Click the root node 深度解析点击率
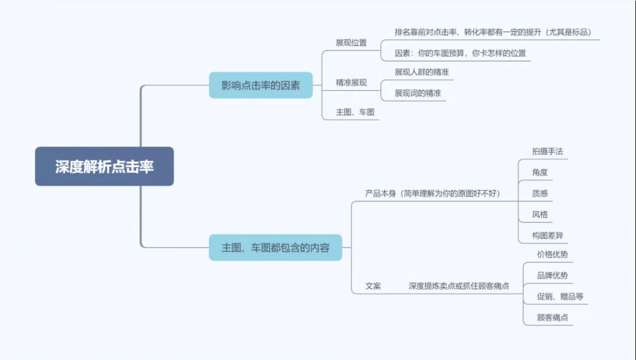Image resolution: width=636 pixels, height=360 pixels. (x=104, y=166)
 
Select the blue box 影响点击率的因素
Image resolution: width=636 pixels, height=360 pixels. (x=261, y=85)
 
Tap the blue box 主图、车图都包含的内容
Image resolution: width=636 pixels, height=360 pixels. (x=275, y=247)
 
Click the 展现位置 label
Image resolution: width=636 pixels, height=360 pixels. (x=351, y=43)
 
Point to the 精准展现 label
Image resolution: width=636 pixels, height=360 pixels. (x=351, y=83)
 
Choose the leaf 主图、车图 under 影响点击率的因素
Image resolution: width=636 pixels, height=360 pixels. (x=355, y=112)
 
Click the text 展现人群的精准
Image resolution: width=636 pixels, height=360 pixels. (x=422, y=72)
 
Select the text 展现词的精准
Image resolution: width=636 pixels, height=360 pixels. (x=418, y=93)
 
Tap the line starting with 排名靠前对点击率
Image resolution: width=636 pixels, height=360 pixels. (x=493, y=32)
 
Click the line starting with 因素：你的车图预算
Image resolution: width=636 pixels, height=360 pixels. (x=460, y=53)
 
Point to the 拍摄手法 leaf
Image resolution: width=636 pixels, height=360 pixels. (x=548, y=152)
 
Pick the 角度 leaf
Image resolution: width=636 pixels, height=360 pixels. (x=539, y=172)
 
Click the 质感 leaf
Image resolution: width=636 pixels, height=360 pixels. (x=539, y=193)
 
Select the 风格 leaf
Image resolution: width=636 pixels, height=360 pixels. (x=539, y=214)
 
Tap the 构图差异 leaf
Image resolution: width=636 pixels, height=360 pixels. (x=548, y=236)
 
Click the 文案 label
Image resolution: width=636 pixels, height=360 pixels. (x=373, y=286)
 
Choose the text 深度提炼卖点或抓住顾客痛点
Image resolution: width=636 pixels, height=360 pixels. (x=459, y=286)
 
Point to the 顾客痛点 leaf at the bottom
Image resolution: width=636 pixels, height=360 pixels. (x=552, y=317)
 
